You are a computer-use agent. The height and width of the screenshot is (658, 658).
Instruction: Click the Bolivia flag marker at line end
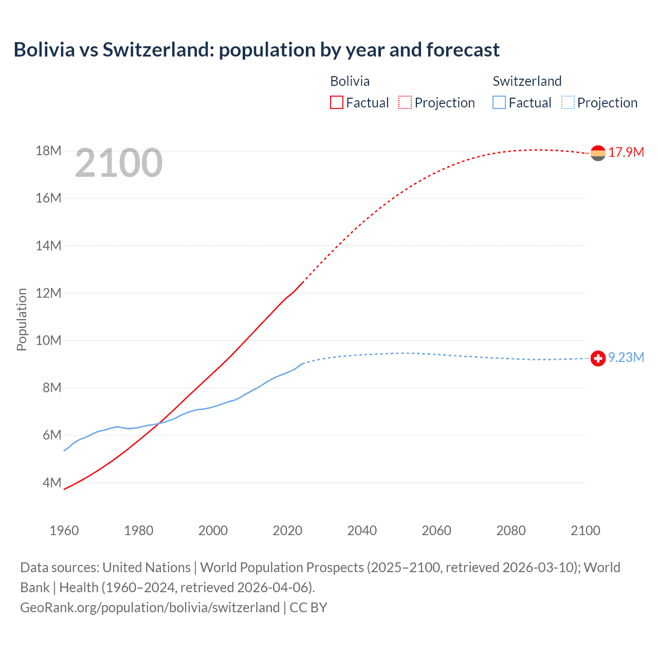pos(598,153)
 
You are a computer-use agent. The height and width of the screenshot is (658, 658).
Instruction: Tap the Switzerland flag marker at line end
pos(598,358)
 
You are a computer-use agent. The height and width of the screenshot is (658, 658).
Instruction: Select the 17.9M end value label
pos(626,152)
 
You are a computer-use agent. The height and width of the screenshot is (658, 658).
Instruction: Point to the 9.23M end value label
pos(626,357)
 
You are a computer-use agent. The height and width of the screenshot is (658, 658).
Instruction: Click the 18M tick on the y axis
pos(48,151)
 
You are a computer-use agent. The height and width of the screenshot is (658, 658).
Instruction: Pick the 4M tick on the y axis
pos(51,483)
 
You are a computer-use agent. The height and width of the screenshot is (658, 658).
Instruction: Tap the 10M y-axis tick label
pos(48,340)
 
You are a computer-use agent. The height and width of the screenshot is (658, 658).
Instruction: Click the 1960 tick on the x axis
pos(64,531)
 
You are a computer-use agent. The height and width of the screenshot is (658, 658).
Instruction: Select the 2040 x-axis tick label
pos(362,531)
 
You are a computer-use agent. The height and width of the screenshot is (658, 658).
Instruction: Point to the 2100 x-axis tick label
pos(585,531)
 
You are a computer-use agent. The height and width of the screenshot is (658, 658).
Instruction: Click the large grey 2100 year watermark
pos(119,163)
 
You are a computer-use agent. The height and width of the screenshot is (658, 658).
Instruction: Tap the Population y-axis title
pos(22,319)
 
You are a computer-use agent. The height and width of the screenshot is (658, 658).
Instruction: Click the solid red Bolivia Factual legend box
pos(336,103)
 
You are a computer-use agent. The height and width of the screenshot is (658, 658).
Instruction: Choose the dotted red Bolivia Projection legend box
pos(405,103)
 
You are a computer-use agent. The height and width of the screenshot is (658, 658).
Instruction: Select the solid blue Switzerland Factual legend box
pos(499,103)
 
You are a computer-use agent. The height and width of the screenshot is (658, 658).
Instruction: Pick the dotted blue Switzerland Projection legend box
pos(568,103)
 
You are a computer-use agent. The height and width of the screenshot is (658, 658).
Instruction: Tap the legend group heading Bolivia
pos(350,81)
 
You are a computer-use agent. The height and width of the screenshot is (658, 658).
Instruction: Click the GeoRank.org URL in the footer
pos(150,608)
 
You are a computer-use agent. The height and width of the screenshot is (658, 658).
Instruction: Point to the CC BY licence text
pos(308,608)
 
